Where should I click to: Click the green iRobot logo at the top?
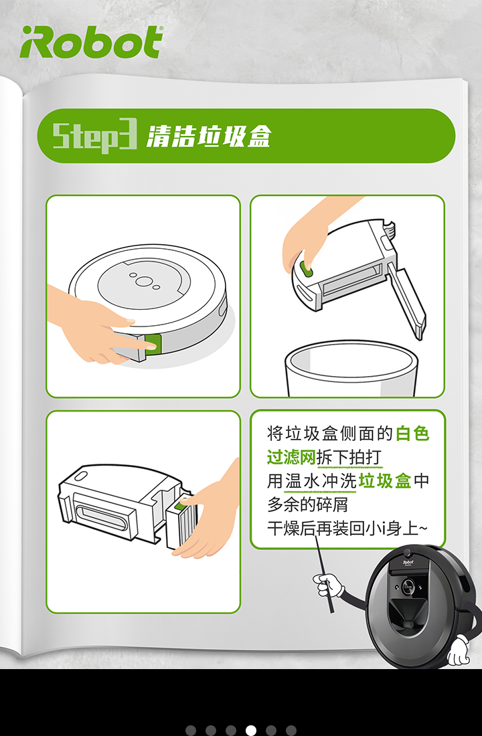click(x=92, y=41)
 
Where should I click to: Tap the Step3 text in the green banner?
click(x=94, y=136)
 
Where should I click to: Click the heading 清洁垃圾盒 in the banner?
click(x=209, y=136)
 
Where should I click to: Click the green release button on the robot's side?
click(x=153, y=346)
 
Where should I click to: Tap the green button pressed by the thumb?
click(x=307, y=270)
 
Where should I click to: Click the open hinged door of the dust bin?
click(x=407, y=300)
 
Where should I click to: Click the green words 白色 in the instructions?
click(x=412, y=433)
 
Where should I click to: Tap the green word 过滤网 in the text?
click(x=291, y=457)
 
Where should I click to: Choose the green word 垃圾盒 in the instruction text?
click(x=385, y=480)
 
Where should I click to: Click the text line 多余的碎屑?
click(x=308, y=504)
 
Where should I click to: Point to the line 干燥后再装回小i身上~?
click(x=347, y=529)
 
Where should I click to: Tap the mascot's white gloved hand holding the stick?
click(x=329, y=585)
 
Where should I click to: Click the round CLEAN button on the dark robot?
click(x=407, y=586)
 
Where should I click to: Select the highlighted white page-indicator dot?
click(x=251, y=730)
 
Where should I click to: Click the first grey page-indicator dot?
click(x=191, y=730)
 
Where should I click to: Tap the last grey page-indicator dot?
click(x=291, y=730)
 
